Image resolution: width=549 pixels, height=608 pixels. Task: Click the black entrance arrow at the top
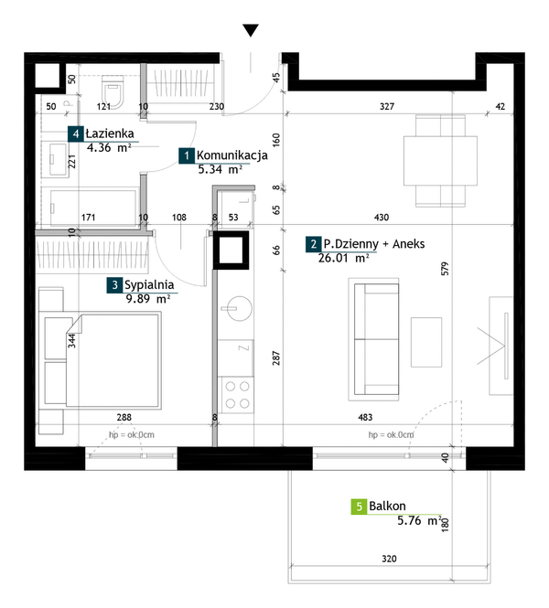251,30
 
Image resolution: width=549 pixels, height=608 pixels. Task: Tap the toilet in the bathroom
113,91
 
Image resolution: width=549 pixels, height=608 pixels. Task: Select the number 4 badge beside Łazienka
76,133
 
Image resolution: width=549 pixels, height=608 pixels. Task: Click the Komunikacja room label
232,155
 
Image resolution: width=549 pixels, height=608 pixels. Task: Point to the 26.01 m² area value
343,258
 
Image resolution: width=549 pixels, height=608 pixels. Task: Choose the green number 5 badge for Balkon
359,507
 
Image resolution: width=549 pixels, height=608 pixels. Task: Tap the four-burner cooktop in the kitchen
237,395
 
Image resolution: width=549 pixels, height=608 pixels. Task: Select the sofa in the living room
374,339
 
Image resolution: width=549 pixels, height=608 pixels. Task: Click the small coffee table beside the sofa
426,342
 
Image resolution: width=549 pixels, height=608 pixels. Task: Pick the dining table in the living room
440,161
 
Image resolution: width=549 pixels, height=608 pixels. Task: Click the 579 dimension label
445,269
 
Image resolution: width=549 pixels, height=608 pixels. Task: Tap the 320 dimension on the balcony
389,559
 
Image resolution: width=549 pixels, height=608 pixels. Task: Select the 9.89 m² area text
148,299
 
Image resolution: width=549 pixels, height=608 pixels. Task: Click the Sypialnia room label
149,285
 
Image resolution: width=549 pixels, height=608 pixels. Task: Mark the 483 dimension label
365,417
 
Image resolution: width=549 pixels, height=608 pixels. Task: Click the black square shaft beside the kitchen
231,251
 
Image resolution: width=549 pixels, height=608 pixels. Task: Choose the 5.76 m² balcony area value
420,520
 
